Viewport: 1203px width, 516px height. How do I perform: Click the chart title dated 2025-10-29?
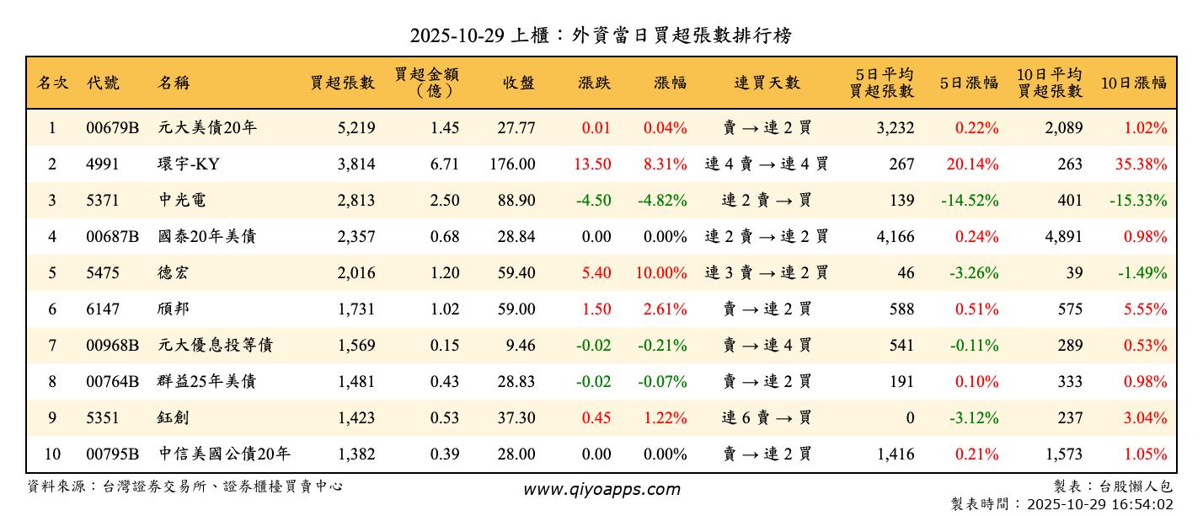pyautogui.click(x=601, y=35)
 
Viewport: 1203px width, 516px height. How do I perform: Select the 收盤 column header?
pyautogui.click(x=519, y=83)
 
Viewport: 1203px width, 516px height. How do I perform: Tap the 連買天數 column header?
pyautogui.click(x=767, y=83)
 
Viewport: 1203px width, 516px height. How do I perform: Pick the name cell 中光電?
pyautogui.click(x=183, y=201)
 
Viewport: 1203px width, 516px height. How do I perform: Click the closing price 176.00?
pyautogui.click(x=512, y=164)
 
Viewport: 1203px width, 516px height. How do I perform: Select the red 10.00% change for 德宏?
pyautogui.click(x=665, y=273)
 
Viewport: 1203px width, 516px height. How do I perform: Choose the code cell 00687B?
pyautogui.click(x=112, y=237)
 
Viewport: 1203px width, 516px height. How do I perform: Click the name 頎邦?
pyautogui.click(x=174, y=309)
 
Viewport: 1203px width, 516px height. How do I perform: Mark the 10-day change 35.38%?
pyautogui.click(x=1142, y=164)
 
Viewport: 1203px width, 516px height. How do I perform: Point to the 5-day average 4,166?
pyautogui.click(x=896, y=237)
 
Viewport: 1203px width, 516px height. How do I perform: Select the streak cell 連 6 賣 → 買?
pyautogui.click(x=767, y=418)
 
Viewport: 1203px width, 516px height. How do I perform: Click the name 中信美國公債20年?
pyautogui.click(x=225, y=454)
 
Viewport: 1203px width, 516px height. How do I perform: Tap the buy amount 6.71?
pyautogui.click(x=445, y=164)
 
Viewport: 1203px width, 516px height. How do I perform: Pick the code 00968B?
pyautogui.click(x=112, y=346)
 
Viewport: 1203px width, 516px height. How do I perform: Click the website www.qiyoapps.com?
pyautogui.click(x=601, y=490)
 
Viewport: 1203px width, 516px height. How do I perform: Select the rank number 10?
pyautogui.click(x=52, y=454)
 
